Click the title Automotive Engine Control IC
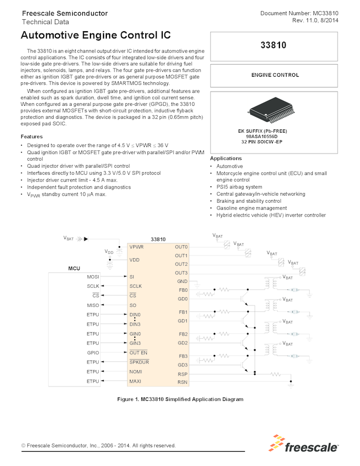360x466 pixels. [95, 36]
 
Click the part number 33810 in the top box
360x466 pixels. [274, 46]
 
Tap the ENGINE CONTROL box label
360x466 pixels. [274, 75]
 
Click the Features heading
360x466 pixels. [32, 137]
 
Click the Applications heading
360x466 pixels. [226, 158]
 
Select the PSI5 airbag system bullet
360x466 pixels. [239, 187]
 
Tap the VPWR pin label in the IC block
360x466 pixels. [137, 247]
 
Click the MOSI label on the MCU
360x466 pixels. [93, 277]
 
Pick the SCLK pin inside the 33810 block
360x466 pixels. [135, 286]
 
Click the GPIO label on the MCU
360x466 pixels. [93, 353]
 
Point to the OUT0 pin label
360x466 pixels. [181, 247]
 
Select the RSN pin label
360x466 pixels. [182, 382]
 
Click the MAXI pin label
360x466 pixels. [135, 381]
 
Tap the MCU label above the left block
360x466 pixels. [74, 269]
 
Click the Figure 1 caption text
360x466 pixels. [180, 399]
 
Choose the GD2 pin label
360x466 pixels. [182, 343]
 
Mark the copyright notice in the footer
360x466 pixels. [99, 446]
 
